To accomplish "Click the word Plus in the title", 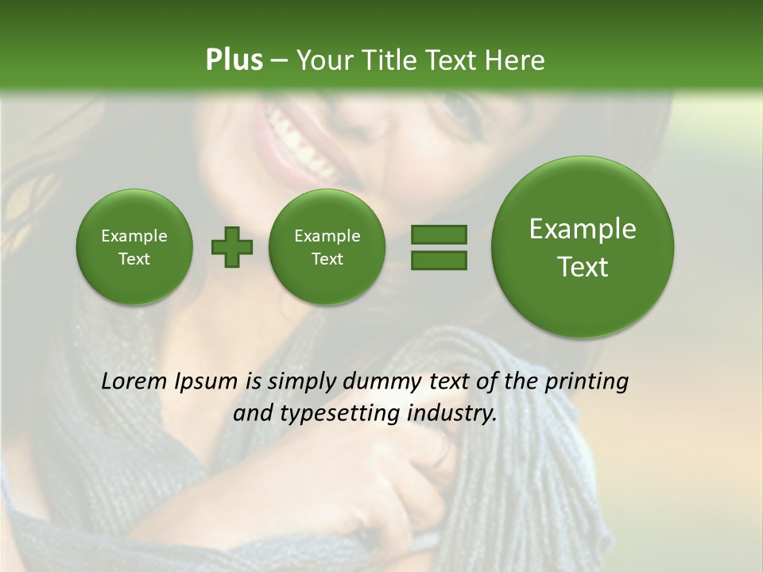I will pos(234,60).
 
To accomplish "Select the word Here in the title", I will pos(516,60).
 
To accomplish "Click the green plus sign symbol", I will pos(232,247).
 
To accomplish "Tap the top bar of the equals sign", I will pos(439,234).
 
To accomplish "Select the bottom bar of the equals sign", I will pos(439,260).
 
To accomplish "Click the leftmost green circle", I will pos(134,247).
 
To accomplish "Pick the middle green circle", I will pos(327,247).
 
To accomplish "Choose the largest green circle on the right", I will pos(583,247).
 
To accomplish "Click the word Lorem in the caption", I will pos(135,381).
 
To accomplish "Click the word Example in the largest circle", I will pos(583,229).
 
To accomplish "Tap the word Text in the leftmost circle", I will pos(134,259).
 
